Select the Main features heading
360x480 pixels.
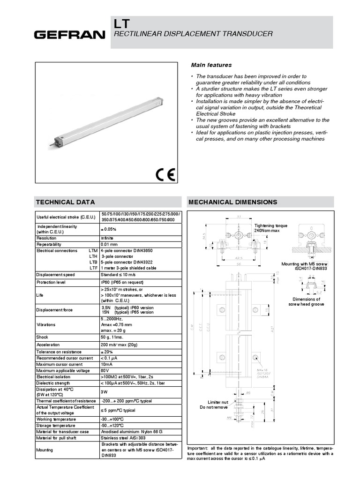(210, 65)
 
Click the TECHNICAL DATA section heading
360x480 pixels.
(66, 202)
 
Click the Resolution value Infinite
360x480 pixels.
(107, 238)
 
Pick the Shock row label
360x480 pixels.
(42, 337)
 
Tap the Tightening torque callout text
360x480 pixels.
(271, 228)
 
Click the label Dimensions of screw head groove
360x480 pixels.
(306, 301)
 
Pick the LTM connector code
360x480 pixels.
(93, 251)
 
